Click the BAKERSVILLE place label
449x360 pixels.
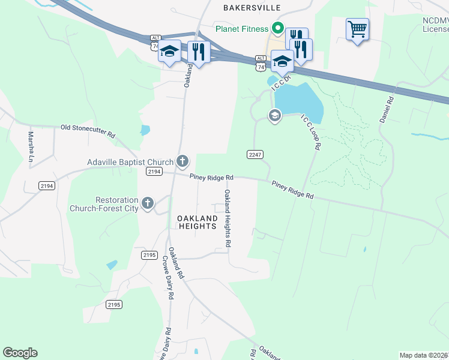[x=253, y=8]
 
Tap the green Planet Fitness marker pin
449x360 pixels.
[x=278, y=28]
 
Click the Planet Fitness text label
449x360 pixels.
[x=242, y=29]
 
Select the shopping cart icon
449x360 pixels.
[x=357, y=29]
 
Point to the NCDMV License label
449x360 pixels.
[x=435, y=24]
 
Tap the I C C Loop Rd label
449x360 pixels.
[x=311, y=132]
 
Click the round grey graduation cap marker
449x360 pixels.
[x=275, y=116]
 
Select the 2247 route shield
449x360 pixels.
[x=254, y=154]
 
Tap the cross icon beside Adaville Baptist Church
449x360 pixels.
[x=182, y=161]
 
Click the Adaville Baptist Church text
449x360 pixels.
[x=130, y=162]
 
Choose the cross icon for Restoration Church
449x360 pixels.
[x=148, y=203]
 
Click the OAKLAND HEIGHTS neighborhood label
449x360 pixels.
[x=197, y=221]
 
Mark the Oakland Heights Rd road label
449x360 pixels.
[x=228, y=219]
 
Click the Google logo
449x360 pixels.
[x=20, y=353]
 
